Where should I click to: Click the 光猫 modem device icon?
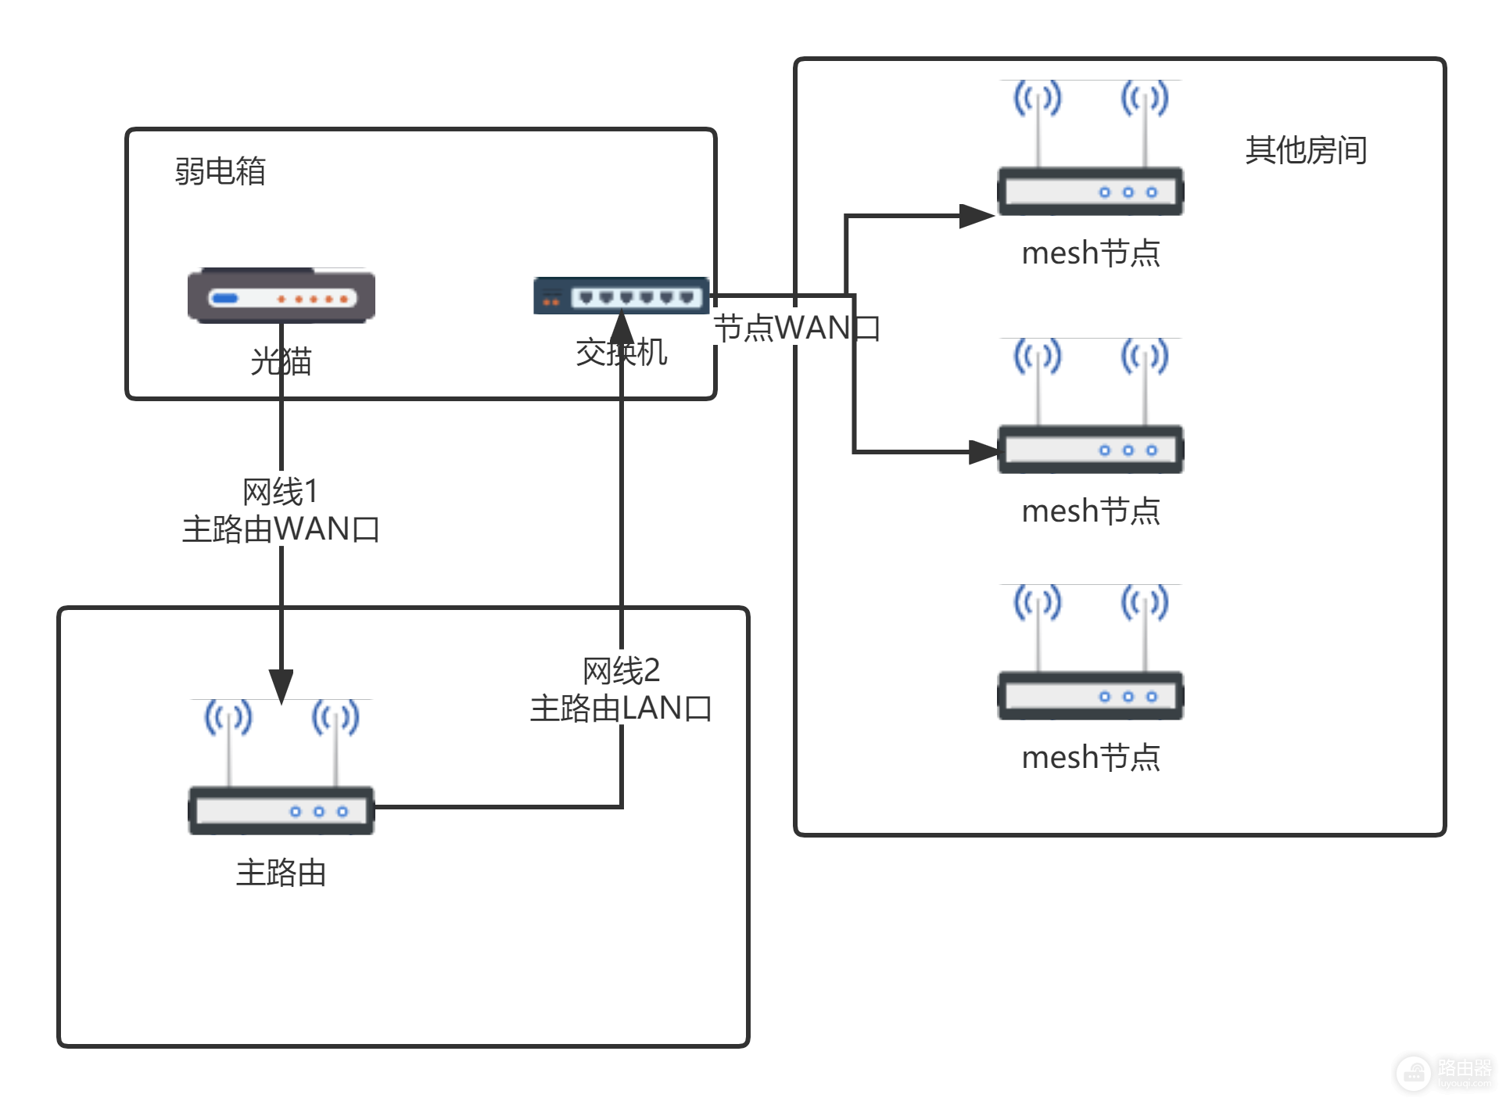tap(281, 296)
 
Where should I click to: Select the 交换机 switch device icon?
tap(621, 296)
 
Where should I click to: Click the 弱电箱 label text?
tap(221, 171)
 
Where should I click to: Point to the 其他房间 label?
tap(1306, 150)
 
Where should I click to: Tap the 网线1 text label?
tap(281, 492)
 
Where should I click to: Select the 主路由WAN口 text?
tap(281, 529)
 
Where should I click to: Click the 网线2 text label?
tap(621, 671)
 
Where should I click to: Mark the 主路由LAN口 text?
tap(621, 709)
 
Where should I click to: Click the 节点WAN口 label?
tap(796, 328)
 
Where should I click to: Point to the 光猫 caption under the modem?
tap(281, 362)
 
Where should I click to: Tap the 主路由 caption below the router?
tap(281, 873)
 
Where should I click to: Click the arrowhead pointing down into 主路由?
tap(281, 685)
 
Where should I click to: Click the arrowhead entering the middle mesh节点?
tap(984, 452)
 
